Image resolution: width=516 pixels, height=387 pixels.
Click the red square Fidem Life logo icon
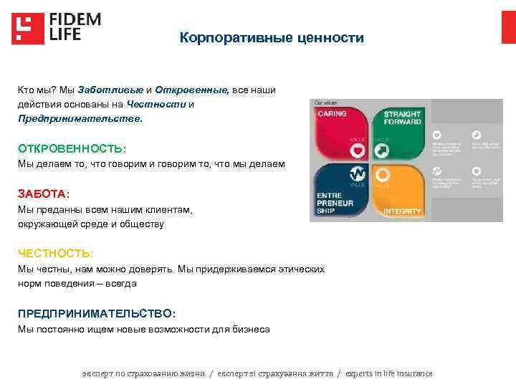click(x=27, y=29)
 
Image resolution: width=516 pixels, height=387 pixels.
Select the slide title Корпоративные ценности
click(x=272, y=37)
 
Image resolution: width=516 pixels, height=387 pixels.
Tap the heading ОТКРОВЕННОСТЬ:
click(x=72, y=148)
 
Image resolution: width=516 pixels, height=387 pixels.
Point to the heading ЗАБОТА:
click(x=44, y=194)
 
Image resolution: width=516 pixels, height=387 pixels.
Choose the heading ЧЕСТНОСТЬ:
click(x=55, y=254)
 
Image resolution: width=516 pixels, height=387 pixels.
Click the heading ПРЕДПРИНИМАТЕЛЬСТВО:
click(x=96, y=314)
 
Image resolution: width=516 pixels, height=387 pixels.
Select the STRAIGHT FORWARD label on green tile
click(x=402, y=118)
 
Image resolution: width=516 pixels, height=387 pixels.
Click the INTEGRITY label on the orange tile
click(x=402, y=211)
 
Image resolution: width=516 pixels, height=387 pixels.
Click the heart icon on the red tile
click(x=356, y=151)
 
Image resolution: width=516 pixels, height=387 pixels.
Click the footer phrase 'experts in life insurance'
click(x=390, y=373)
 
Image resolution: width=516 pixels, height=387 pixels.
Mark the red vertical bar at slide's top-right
click(x=508, y=27)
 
